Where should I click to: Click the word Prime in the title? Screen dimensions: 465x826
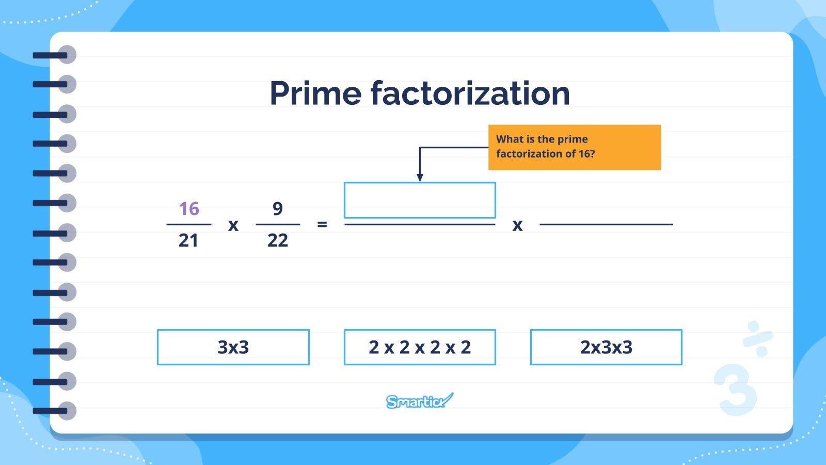[315, 94]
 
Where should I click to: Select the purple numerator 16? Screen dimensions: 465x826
[188, 209]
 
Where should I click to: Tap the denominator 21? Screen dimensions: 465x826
[188, 241]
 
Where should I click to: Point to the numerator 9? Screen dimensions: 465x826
[278, 209]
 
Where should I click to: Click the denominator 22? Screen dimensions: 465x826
[278, 241]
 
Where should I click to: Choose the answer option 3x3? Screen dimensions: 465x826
[233, 347]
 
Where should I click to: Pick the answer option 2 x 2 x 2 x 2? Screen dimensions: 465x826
[420, 347]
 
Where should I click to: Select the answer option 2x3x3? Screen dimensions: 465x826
[606, 347]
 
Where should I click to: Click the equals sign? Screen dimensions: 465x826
[322, 225]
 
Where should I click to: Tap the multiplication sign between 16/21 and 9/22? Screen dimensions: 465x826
[233, 225]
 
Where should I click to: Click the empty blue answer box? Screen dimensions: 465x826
[420, 200]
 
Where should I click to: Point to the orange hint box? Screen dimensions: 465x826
[575, 147]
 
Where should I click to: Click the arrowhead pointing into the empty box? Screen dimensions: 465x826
[420, 178]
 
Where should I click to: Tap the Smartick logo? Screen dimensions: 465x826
[419, 401]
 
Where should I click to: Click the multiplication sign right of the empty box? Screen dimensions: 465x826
[517, 225]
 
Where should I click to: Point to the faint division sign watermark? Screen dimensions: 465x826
[758, 339]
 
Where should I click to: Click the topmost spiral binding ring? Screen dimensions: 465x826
[66, 55]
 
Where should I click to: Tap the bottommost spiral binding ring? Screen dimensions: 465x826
[66, 411]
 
